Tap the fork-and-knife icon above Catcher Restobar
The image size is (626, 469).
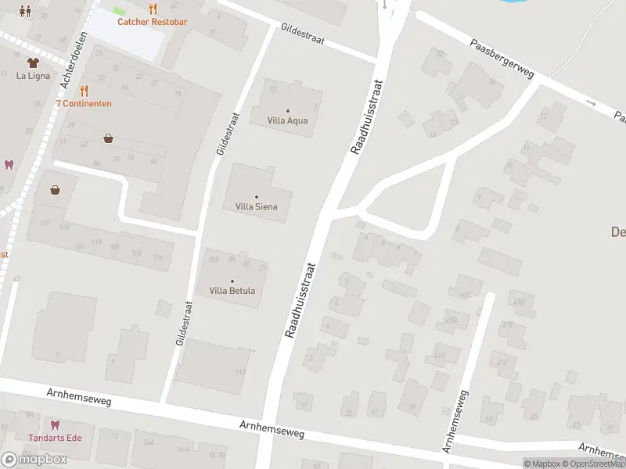(x=152, y=9)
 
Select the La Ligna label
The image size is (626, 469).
(x=32, y=76)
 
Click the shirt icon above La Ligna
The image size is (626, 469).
(x=32, y=63)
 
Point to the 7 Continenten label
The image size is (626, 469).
(x=84, y=103)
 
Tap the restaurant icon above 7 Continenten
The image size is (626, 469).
(x=84, y=91)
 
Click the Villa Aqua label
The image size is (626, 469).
(x=288, y=120)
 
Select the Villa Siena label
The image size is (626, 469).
(x=256, y=206)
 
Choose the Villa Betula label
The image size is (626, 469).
(x=232, y=291)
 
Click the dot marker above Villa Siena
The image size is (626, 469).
(x=256, y=196)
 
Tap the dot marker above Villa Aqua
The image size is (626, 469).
(x=288, y=110)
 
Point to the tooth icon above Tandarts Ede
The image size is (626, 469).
(x=54, y=424)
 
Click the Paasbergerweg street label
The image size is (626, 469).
(x=502, y=59)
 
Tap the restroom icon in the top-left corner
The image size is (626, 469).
(x=26, y=10)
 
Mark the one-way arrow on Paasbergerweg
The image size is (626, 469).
(x=590, y=102)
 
